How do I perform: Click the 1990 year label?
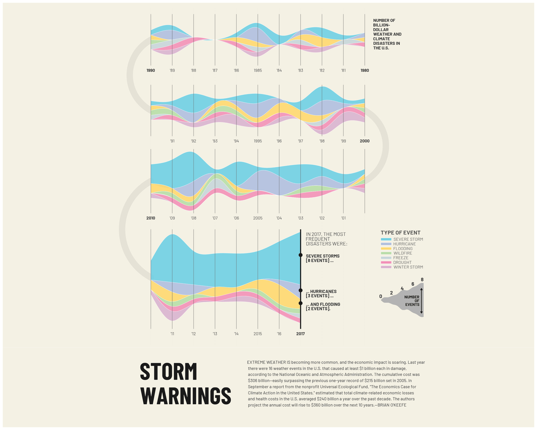tap(151, 71)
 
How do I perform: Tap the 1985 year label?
tap(258, 71)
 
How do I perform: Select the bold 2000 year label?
tap(364, 141)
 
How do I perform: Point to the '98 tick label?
tap(322, 141)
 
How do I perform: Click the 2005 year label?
tap(258, 218)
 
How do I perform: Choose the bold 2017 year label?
tap(301, 334)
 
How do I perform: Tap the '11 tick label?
tap(172, 334)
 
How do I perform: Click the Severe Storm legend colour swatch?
tap(386, 239)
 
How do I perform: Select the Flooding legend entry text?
tap(403, 249)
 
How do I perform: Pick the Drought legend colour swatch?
tap(386, 262)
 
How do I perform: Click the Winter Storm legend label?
tap(408, 267)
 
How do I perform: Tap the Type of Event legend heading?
tap(401, 233)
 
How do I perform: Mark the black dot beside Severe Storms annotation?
tap(301, 255)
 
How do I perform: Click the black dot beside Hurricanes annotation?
tap(301, 290)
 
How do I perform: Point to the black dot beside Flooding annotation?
tap(301, 303)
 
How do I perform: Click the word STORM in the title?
tap(168, 372)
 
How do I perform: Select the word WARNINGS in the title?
tap(185, 396)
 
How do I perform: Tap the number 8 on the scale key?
tap(422, 280)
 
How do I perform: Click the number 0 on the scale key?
tap(381, 296)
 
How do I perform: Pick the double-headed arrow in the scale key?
tap(421, 301)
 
